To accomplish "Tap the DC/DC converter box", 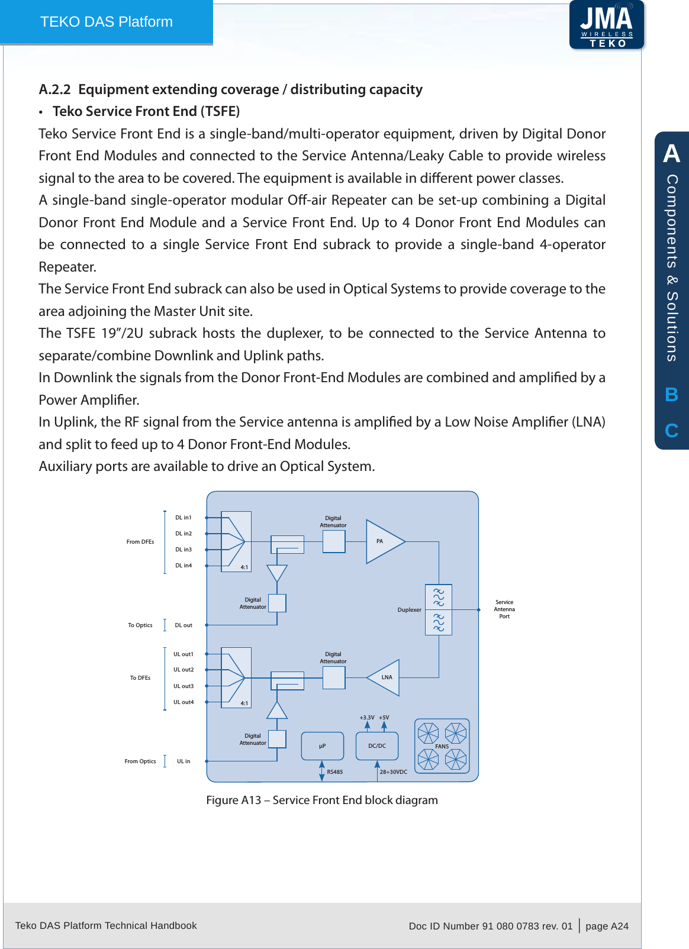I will click(x=377, y=746).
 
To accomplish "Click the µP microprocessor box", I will click(x=322, y=746).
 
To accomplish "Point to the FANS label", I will click(x=442, y=747).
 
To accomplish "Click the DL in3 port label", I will click(x=183, y=550).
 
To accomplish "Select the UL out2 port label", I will click(x=183, y=670).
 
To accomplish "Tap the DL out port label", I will click(x=183, y=625).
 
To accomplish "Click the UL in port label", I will click(x=183, y=761).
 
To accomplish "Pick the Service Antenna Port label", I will click(x=504, y=609).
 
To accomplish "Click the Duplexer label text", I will click(x=409, y=610).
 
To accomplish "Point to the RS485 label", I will click(x=335, y=772).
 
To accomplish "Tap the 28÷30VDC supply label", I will click(x=394, y=772).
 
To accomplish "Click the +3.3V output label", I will click(x=367, y=718).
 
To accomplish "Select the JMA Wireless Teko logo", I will click(x=607, y=25).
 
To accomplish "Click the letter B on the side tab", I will click(x=671, y=395).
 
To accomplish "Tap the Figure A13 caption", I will click(x=322, y=800).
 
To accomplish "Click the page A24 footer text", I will click(x=607, y=926).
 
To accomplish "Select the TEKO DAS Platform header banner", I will click(x=107, y=22).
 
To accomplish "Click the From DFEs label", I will click(x=140, y=542).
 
